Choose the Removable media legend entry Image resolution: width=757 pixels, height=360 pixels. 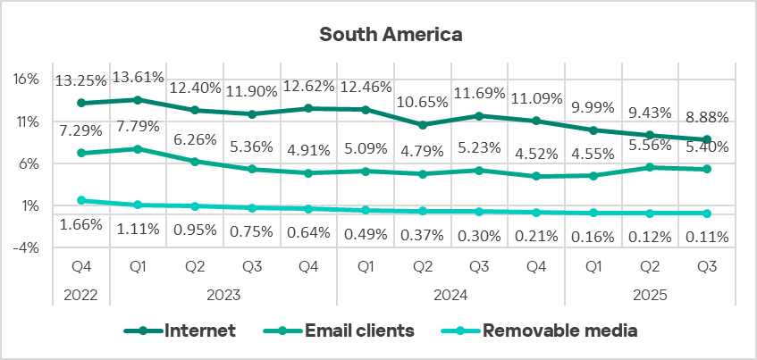pos(559,331)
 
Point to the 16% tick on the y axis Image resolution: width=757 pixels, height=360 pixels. pos(26,79)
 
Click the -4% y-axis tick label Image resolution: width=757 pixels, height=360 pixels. pos(26,247)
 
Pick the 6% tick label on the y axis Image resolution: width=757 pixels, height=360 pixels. pos(28,163)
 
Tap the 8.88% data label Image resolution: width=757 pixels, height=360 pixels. pos(707,117)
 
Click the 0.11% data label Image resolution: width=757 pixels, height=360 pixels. pos(707,237)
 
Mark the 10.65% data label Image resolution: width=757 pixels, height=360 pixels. pos(423,101)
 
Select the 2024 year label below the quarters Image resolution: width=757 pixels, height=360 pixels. pos(450,293)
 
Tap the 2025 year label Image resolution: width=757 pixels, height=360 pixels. pos(650,293)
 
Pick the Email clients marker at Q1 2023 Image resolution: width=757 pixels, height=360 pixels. pos(139,149)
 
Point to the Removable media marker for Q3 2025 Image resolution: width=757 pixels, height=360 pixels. pos(707,213)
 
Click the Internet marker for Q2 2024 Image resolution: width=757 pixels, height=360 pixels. pos(423,125)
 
